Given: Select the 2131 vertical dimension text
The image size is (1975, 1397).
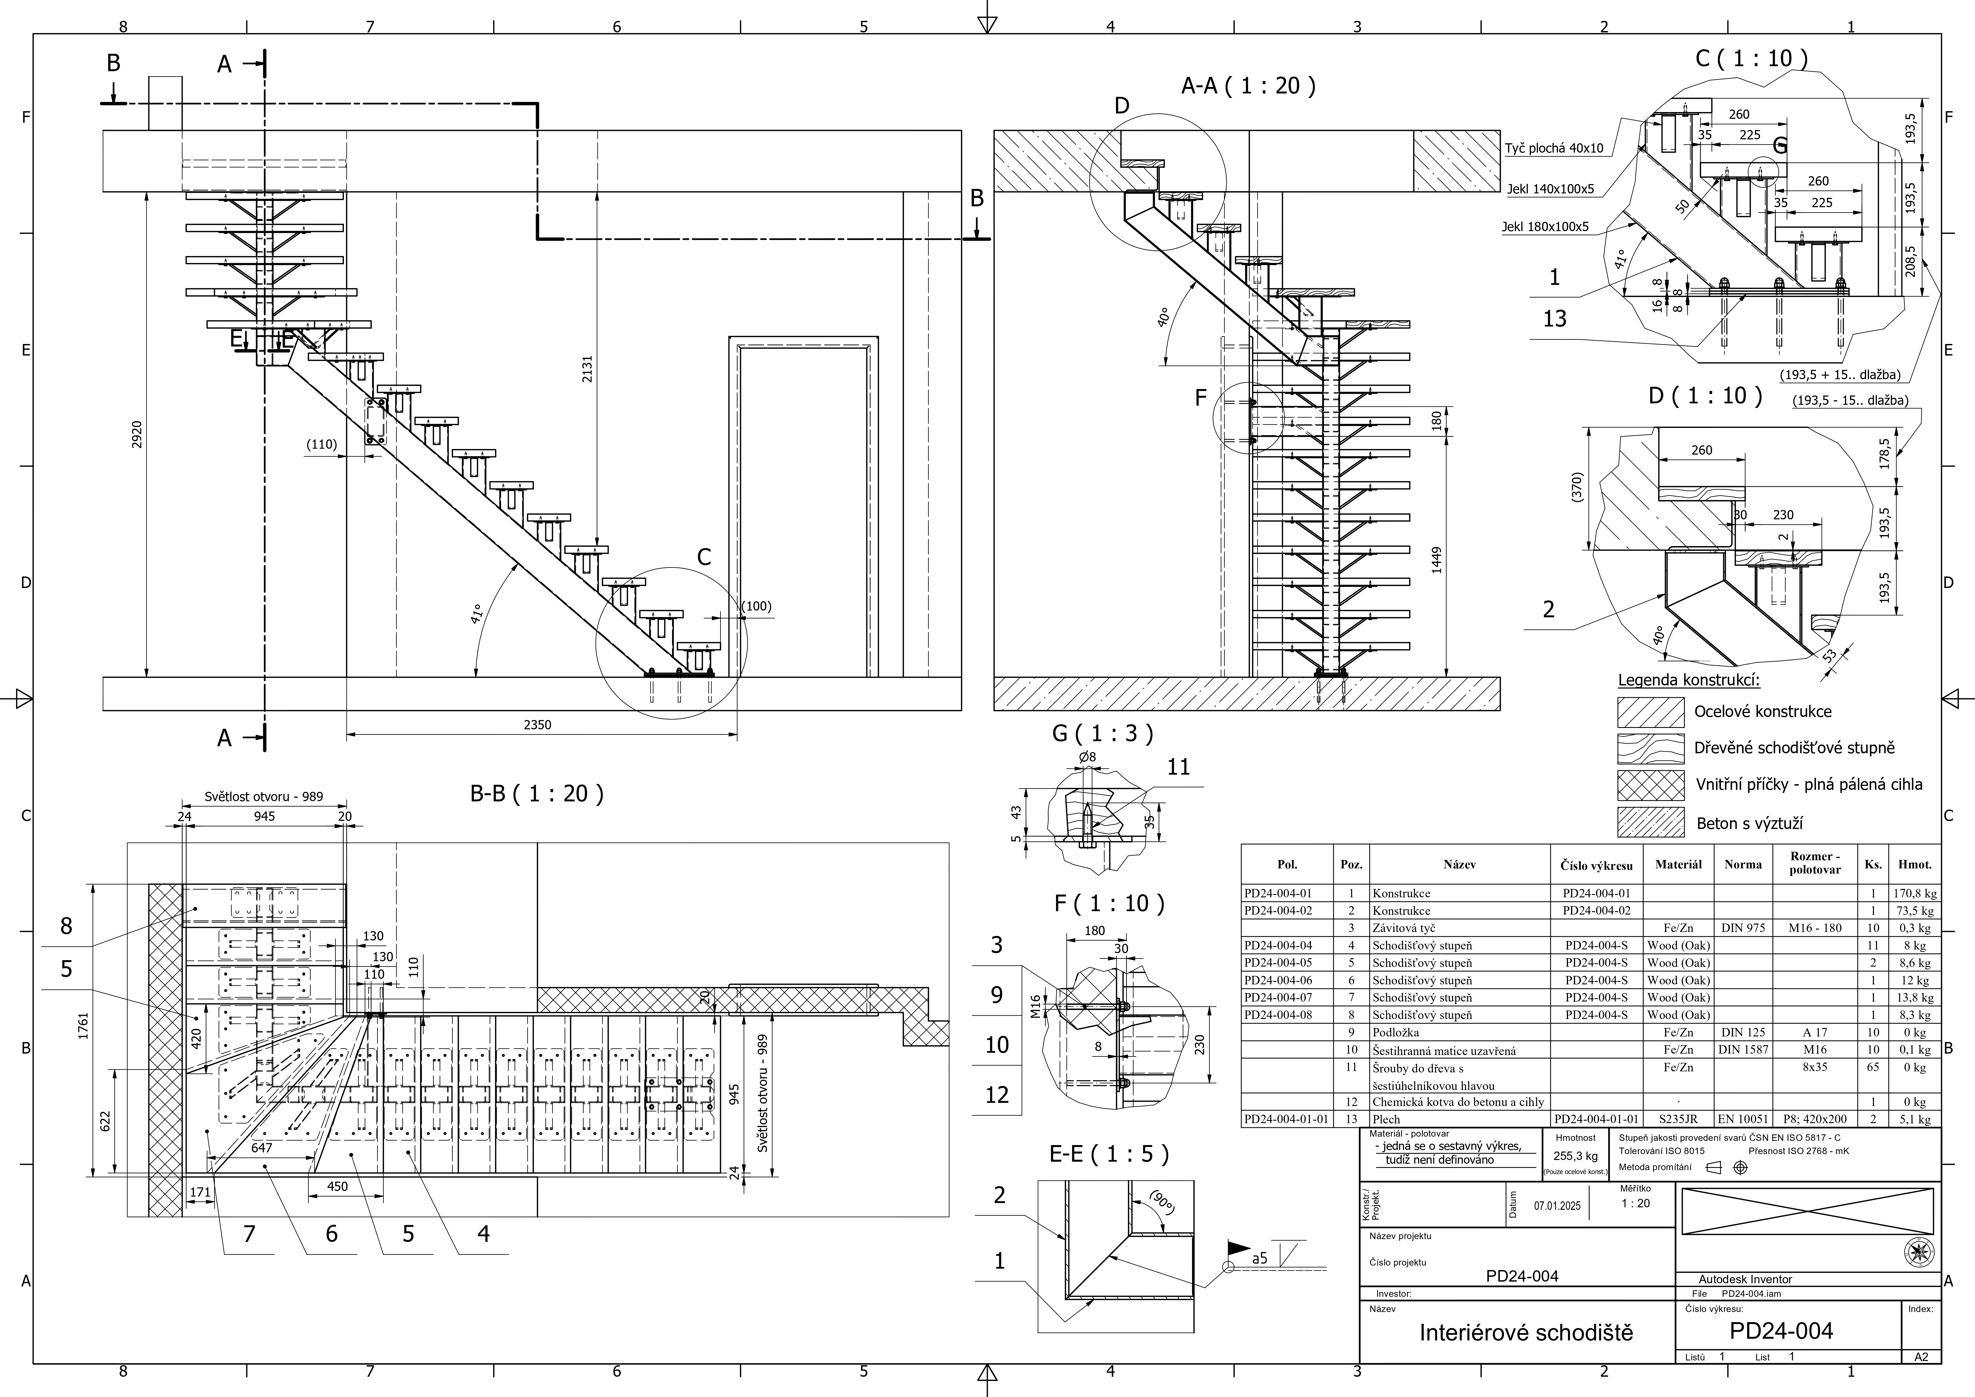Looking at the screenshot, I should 587,369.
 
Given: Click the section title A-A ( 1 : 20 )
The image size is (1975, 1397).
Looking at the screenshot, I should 1248,86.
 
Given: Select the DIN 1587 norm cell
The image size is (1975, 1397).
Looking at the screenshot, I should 1742,1049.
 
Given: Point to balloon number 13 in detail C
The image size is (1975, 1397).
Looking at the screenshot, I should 1554,319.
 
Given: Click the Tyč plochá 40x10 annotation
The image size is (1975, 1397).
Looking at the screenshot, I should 1553,148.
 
